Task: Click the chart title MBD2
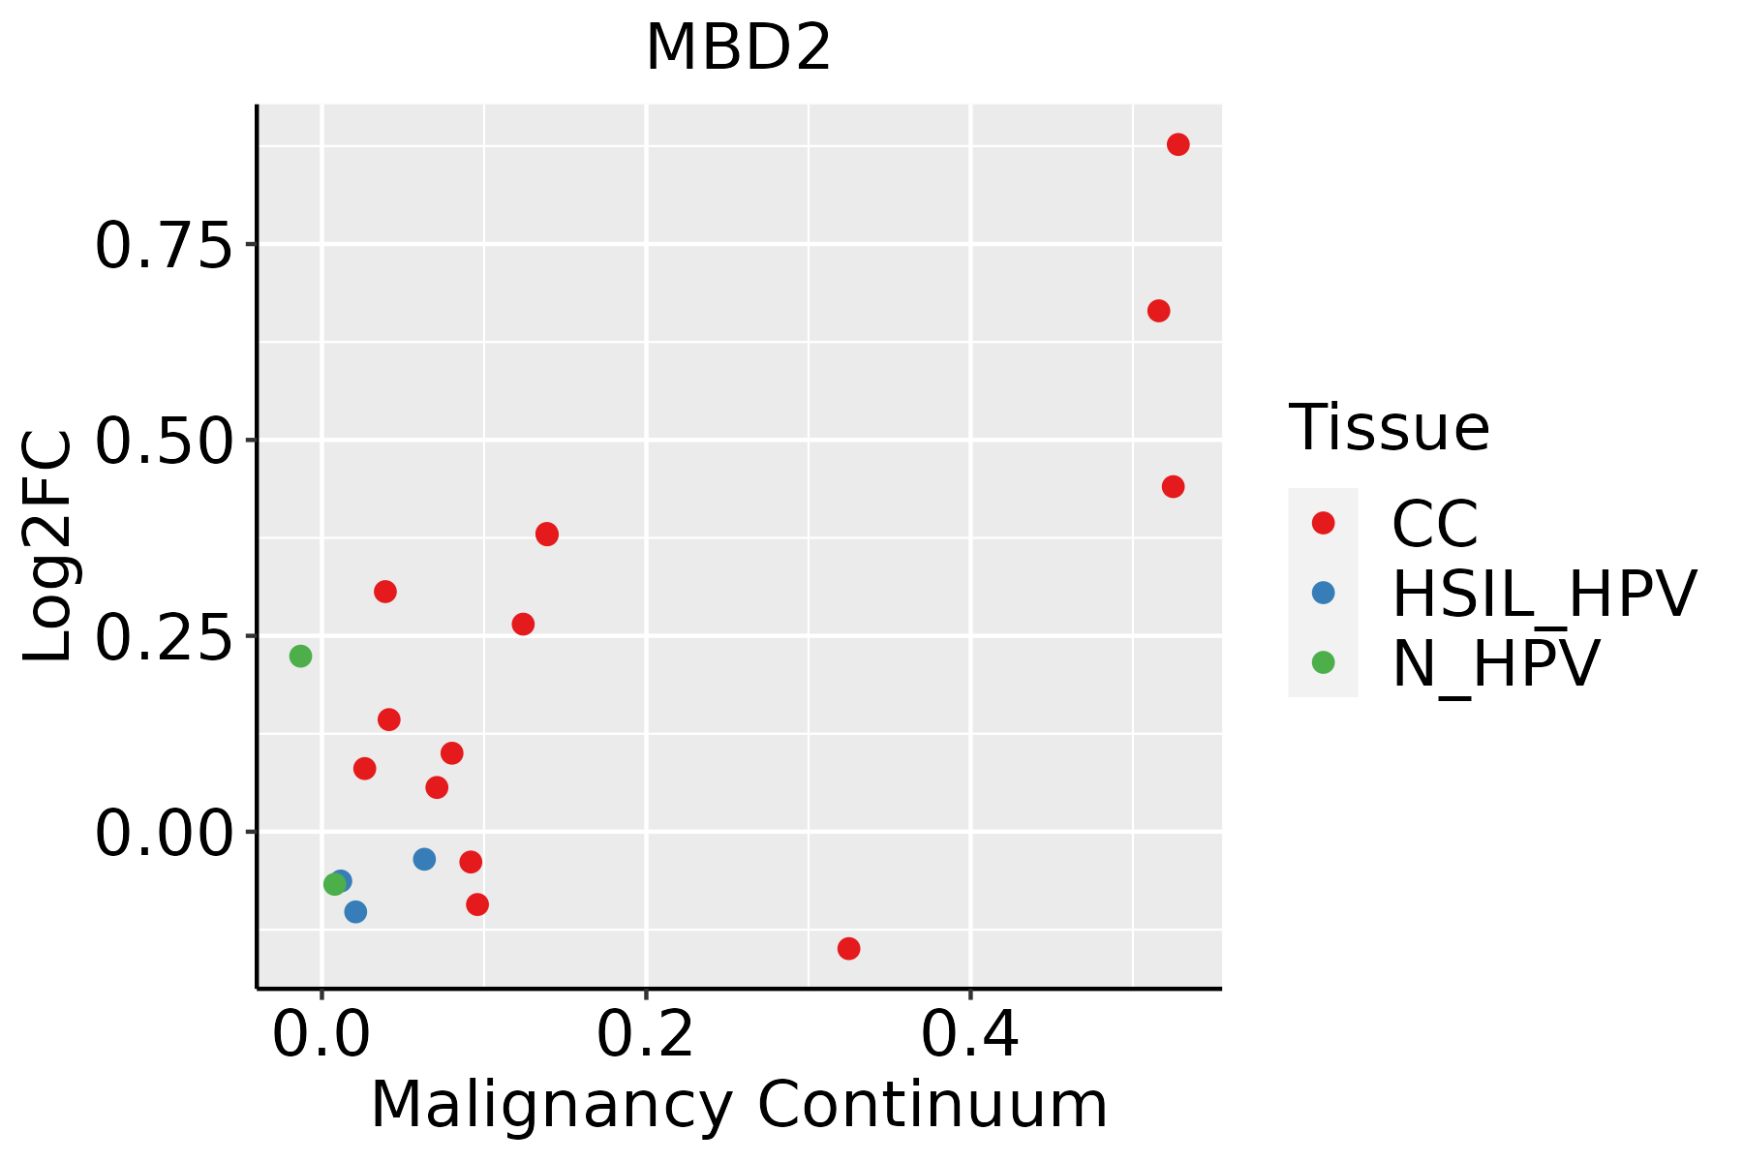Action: tap(738, 48)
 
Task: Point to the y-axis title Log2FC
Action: tap(48, 546)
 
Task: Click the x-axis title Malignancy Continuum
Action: tap(738, 1106)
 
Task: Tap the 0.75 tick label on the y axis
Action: tap(164, 245)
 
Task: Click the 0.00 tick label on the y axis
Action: tap(164, 833)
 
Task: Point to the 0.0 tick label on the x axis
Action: tap(321, 1036)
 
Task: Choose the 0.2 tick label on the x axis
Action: tap(645, 1036)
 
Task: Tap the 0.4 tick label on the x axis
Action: tap(969, 1036)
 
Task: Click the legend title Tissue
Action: tap(1389, 428)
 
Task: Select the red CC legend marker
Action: tap(1323, 523)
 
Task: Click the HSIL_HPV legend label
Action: tap(1544, 594)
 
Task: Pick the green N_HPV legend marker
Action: tap(1323, 662)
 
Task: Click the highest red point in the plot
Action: tap(1177, 145)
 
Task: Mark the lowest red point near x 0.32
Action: tap(848, 948)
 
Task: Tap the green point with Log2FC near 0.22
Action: tap(300, 657)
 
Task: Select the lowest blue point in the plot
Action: tap(355, 912)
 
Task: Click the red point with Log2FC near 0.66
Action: tap(1158, 311)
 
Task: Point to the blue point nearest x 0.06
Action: tap(424, 859)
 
